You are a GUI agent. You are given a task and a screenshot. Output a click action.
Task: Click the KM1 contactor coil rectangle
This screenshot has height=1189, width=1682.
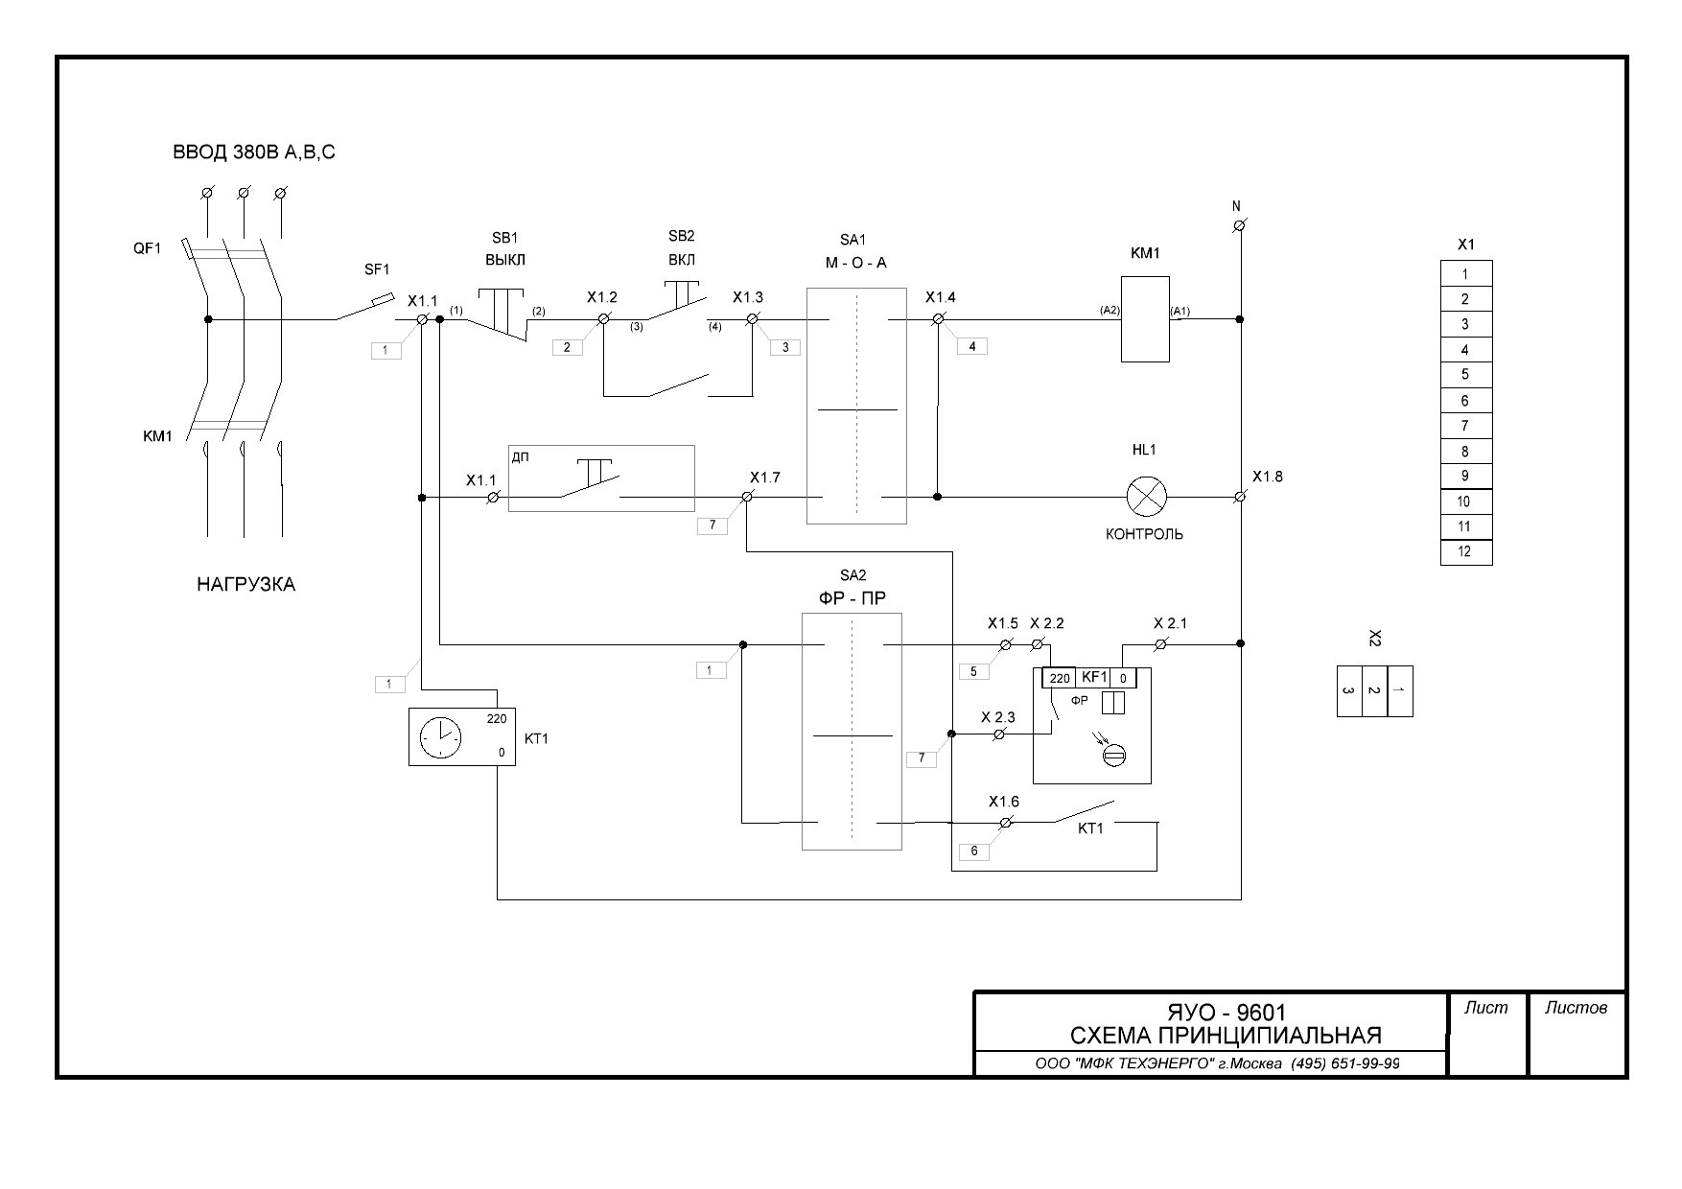point(1145,319)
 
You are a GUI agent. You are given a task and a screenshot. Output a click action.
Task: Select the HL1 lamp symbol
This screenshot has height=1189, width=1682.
point(1145,497)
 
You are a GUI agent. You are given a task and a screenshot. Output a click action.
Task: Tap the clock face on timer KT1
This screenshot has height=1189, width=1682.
point(440,736)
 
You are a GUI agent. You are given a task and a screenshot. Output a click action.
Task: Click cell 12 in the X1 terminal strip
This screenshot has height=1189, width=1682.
point(1465,552)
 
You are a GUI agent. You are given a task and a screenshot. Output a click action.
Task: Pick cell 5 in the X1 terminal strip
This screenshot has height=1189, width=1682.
point(1465,375)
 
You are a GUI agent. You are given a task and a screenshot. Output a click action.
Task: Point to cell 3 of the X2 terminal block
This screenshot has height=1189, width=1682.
point(1348,690)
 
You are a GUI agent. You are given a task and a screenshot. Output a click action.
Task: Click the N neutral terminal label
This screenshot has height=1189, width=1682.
point(1236,206)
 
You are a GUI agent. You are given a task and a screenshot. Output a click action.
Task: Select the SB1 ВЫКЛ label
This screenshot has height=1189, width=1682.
point(504,248)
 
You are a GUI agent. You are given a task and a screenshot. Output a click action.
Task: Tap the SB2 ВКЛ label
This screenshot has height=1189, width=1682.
point(681,247)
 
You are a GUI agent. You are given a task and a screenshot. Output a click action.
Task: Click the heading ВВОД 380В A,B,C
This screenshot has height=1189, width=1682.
point(254,152)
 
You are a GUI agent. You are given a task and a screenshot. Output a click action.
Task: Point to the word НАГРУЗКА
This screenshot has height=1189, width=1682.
point(245,584)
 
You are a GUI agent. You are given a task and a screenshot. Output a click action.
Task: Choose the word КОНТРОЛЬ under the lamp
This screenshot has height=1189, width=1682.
point(1144,534)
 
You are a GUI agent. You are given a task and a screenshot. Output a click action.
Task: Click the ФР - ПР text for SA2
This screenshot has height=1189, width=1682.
point(852,598)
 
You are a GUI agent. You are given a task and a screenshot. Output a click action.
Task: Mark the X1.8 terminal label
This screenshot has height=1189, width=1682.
point(1267,477)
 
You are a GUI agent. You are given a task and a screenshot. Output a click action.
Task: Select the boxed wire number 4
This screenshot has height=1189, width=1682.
point(971,346)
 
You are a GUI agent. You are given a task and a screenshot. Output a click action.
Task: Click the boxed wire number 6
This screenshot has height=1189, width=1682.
point(973,851)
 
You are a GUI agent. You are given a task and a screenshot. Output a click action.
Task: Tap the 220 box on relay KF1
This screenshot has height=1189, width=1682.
point(1059,678)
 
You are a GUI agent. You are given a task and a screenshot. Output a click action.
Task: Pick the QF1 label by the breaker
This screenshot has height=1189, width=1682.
point(147,248)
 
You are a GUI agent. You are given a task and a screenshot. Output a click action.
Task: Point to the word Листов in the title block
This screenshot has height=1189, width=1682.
point(1576,1008)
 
